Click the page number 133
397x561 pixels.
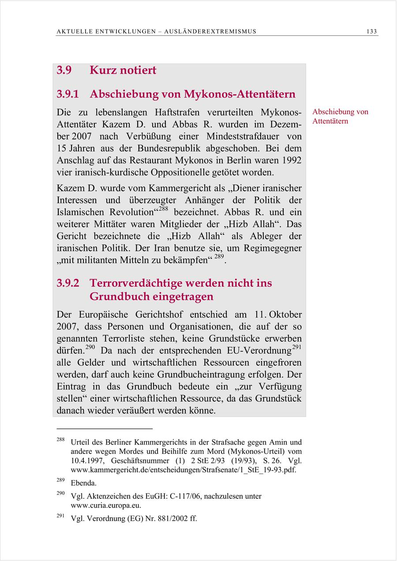pyautogui.click(x=371, y=31)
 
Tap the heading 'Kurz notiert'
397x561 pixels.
pyautogui.click(x=123, y=70)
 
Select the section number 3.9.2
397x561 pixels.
pyautogui.click(x=67, y=283)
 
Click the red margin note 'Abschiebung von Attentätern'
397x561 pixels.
pyautogui.click(x=340, y=116)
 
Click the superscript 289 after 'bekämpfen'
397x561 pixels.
pyautogui.click(x=219, y=257)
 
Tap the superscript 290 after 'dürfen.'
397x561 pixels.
pyautogui.click(x=90, y=348)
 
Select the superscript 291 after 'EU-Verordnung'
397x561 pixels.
pyautogui.click(x=296, y=348)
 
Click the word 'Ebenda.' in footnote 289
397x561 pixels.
pyautogui.click(x=83, y=483)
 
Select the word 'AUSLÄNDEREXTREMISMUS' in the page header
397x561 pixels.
pyautogui.click(x=210, y=31)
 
